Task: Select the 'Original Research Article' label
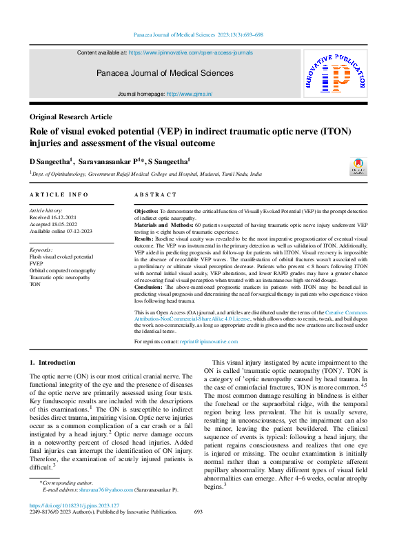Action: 70,117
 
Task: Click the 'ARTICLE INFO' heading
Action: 59,195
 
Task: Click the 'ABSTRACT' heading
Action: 156,195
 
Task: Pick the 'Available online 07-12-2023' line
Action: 62,230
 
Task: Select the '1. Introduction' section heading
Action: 52,362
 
